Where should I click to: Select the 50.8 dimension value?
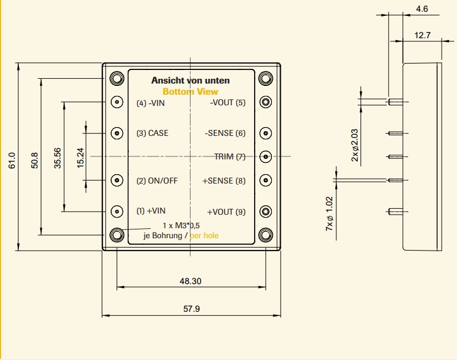coord(34,160)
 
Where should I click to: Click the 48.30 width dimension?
coord(191,281)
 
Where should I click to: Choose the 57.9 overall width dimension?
coord(191,308)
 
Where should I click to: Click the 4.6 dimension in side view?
coord(422,9)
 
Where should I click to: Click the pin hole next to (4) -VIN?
coord(117,102)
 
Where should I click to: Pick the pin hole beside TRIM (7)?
coord(266,156)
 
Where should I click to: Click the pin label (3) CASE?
coord(152,134)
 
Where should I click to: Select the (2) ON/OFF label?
coord(157,181)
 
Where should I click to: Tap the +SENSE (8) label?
coord(224,181)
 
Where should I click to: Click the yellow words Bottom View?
coord(190,92)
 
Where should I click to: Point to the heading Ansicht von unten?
coord(190,81)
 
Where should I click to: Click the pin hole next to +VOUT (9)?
coord(266,211)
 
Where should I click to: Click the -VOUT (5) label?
coord(228,103)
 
